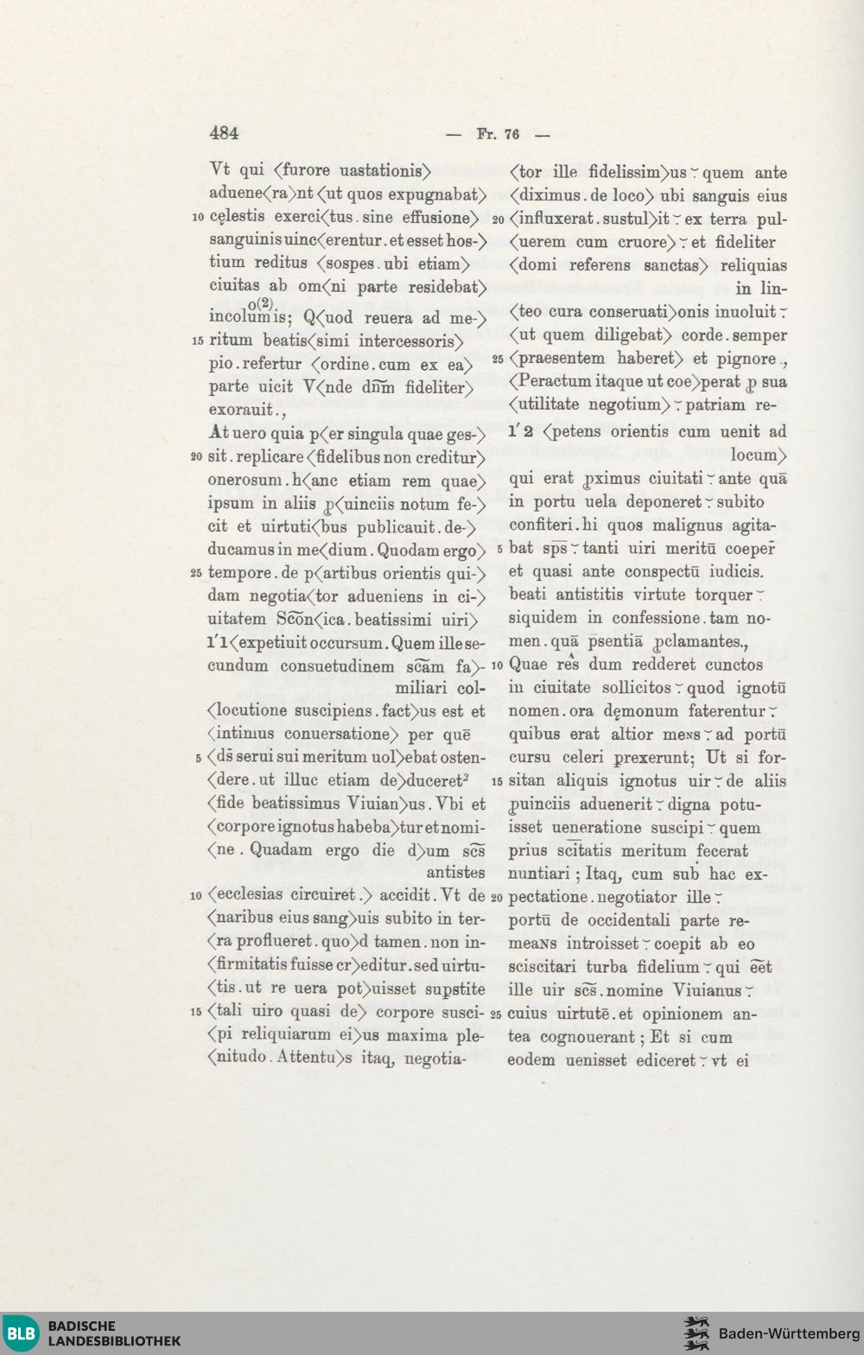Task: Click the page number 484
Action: (224, 132)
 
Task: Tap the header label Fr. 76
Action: (499, 134)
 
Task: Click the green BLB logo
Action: (22, 1333)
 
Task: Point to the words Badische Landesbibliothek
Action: (113, 1333)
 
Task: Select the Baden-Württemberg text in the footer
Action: (789, 1333)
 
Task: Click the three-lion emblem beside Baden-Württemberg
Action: (696, 1333)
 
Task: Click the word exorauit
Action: (241, 410)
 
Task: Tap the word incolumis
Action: (248, 317)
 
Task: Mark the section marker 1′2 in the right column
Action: (521, 430)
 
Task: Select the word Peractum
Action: (550, 381)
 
